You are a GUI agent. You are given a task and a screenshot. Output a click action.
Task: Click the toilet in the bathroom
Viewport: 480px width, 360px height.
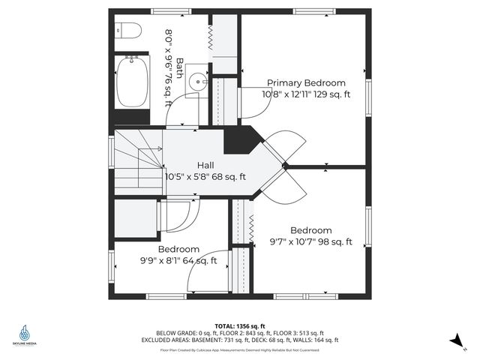tap(130, 30)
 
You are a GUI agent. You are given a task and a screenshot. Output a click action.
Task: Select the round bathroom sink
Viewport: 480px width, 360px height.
tap(198, 82)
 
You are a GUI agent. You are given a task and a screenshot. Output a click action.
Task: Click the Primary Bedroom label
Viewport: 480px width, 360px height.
tap(306, 83)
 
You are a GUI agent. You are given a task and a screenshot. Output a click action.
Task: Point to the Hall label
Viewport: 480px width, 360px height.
tap(205, 165)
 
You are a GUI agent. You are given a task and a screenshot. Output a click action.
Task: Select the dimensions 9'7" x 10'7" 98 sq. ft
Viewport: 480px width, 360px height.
tap(311, 242)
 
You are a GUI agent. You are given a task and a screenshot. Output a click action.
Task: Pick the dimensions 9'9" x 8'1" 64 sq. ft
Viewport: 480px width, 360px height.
tap(178, 261)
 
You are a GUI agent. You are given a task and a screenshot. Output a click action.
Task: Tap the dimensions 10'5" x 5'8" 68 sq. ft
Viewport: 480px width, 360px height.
tap(205, 177)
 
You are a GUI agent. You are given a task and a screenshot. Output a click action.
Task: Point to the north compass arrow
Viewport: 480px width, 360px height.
tap(456, 341)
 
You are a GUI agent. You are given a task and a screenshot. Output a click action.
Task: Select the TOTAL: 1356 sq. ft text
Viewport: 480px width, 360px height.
tap(239, 326)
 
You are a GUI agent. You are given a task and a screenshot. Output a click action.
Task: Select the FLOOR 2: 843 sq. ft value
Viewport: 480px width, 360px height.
tap(252, 333)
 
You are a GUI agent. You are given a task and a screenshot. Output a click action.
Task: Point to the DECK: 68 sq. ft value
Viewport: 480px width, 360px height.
tap(271, 340)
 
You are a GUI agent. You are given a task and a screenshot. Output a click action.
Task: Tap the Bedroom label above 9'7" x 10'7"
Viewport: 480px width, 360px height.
tap(311, 230)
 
